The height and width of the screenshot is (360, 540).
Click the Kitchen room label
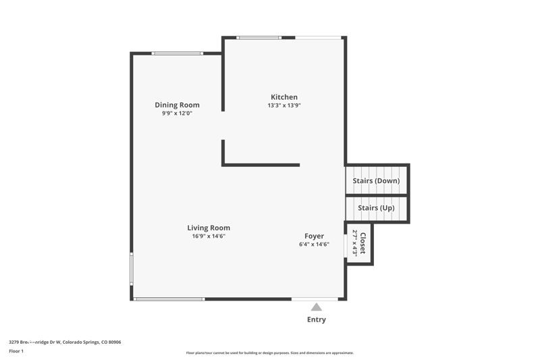(283, 97)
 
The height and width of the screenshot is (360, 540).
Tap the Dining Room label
(177, 105)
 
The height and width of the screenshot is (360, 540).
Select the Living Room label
(209, 228)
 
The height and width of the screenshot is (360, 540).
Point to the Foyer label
(314, 236)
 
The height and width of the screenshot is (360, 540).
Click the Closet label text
(363, 244)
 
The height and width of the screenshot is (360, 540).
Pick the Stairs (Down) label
(377, 181)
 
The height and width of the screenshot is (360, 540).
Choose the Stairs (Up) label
(376, 208)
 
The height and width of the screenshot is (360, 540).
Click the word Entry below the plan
(316, 319)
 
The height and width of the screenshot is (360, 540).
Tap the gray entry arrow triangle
(316, 307)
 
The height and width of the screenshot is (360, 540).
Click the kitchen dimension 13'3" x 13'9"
(283, 105)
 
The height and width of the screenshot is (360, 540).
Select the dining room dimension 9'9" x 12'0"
(177, 113)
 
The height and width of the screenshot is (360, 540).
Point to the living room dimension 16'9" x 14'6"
(209, 236)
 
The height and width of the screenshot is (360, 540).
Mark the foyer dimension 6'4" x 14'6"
(314, 245)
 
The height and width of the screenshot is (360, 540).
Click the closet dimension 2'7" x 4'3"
(355, 244)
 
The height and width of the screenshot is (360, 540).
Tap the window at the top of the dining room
(177, 53)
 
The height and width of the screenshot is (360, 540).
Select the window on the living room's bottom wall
(169, 299)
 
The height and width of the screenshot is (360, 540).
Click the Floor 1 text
(16, 351)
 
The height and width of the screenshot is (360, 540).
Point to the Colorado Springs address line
(65, 342)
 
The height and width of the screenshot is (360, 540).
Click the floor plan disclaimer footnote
(269, 353)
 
